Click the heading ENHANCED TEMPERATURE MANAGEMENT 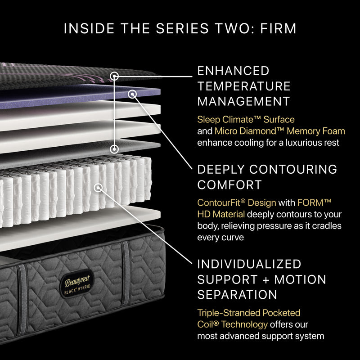pos(244,85)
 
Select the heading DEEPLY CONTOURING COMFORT pos(267,177)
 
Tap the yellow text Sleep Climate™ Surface pos(246,120)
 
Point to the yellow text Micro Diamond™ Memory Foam pos(279,131)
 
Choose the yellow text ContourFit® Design pos(237,202)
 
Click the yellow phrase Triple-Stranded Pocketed pos(248,312)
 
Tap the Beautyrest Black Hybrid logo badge pos(75,283)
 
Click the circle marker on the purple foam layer pos(132,94)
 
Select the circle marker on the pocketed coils pos(98,186)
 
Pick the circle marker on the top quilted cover pos(115,76)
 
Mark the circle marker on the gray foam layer pos(115,148)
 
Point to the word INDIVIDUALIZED pos(249,264)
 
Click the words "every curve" pos(220,238)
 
